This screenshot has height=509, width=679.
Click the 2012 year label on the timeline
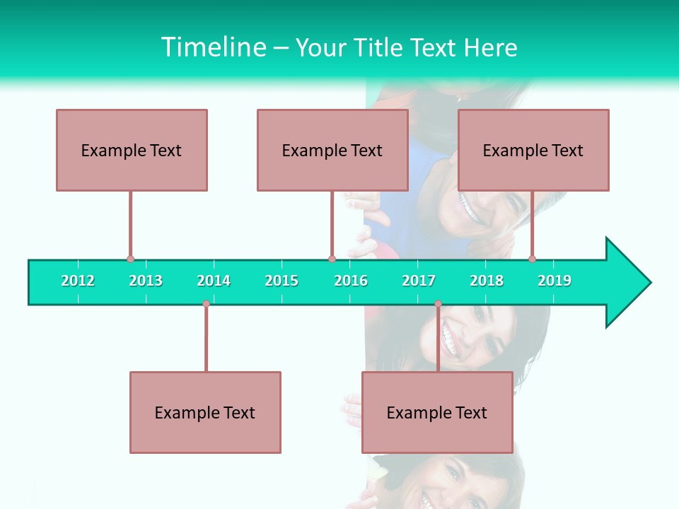[78, 281]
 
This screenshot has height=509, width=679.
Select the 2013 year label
[146, 281]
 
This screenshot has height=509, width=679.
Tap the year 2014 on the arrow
[214, 281]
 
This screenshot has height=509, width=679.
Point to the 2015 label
[282, 281]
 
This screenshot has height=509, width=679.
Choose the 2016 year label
[351, 281]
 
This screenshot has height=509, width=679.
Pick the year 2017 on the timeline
[419, 281]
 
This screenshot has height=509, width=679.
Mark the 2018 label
[487, 281]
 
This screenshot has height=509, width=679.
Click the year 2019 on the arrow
[555, 281]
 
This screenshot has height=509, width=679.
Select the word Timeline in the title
[212, 47]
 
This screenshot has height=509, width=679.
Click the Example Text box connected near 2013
[132, 150]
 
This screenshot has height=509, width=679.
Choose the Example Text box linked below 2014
[205, 412]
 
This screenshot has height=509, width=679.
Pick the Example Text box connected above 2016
[332, 150]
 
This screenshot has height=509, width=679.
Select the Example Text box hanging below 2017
[437, 412]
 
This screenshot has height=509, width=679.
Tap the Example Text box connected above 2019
[533, 150]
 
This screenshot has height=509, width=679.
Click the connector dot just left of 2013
[130, 259]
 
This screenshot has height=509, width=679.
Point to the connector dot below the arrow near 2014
[206, 304]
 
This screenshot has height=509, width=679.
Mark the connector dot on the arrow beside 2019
[532, 259]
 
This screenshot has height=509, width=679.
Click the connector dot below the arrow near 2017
[438, 304]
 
